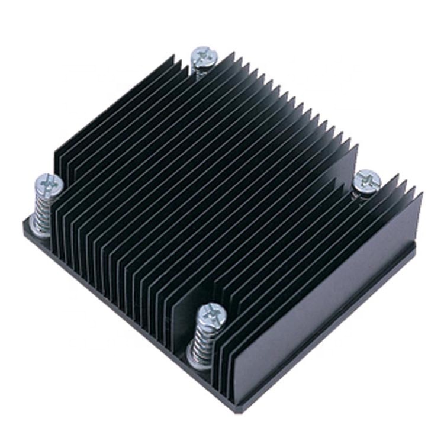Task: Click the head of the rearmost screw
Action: pyautogui.click(x=204, y=56)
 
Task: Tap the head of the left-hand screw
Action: pyautogui.click(x=47, y=185)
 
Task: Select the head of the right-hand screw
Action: pyautogui.click(x=368, y=179)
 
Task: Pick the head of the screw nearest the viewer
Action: pyautogui.click(x=211, y=316)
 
